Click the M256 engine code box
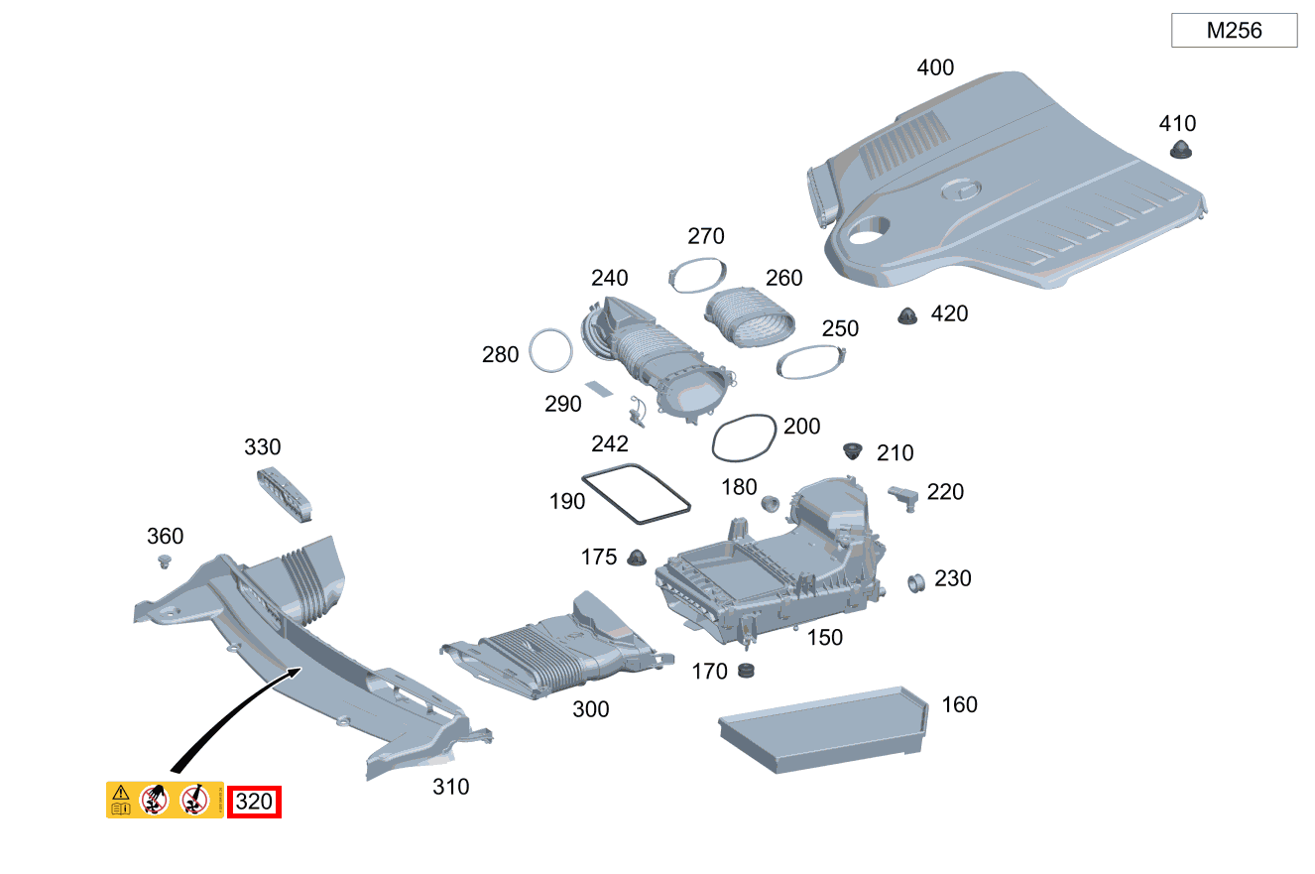[1234, 31]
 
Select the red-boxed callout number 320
[255, 802]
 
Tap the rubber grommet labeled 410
[1179, 150]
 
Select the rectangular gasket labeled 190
[636, 492]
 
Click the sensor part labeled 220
[904, 496]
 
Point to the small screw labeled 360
[165, 562]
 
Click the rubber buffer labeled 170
[748, 672]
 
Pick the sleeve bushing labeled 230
[917, 582]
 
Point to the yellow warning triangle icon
[120, 792]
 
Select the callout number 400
[935, 67]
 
